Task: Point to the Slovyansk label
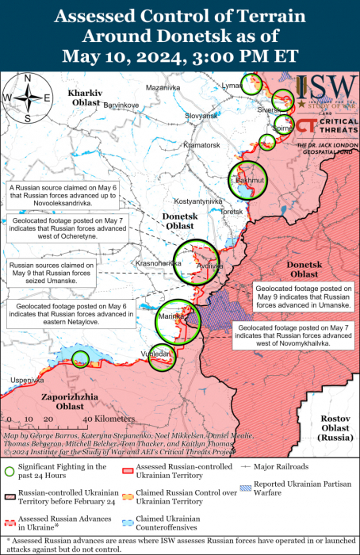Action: (x=201, y=116)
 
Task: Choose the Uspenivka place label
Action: (x=26, y=380)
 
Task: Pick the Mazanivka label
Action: (x=165, y=87)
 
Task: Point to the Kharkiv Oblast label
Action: (x=84, y=98)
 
